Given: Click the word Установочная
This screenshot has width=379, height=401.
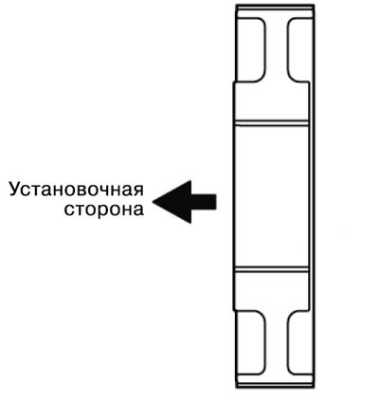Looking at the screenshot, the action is click(77, 190).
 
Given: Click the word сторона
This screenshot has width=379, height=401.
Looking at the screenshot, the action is click(104, 210).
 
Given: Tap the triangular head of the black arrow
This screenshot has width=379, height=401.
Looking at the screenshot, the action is click(172, 202).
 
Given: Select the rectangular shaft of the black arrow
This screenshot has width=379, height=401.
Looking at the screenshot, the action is click(204, 202).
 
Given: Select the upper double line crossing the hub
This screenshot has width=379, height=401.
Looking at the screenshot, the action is click(271, 123).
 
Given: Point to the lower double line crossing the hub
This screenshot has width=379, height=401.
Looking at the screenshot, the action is click(271, 269).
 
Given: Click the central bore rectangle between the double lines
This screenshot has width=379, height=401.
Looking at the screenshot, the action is click(271, 196).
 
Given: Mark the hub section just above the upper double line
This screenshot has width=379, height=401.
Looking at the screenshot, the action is click(271, 101).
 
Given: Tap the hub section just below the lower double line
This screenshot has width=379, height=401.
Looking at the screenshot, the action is click(271, 291).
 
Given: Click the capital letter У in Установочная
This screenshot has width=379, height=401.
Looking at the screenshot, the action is click(15, 190).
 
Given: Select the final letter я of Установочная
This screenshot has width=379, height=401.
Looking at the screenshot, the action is click(138, 191).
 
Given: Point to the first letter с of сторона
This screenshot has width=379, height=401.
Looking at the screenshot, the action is click(69, 210).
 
